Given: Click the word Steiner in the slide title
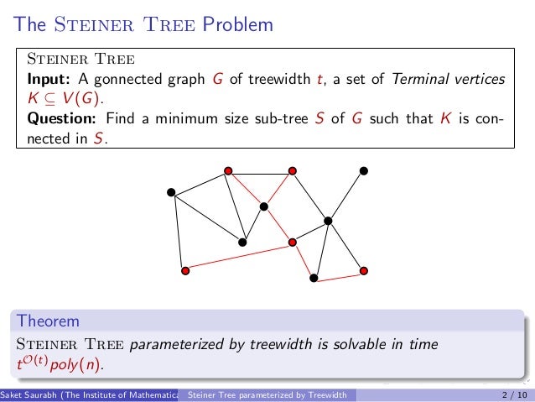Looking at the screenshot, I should [89, 25].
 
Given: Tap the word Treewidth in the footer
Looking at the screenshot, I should [324, 394].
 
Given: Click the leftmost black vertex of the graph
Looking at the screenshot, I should [171, 192].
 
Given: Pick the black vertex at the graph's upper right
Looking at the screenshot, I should [363, 170].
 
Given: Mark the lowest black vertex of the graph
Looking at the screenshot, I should [313, 277].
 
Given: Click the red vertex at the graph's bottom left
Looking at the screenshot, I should [185, 270].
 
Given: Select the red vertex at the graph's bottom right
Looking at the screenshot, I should [363, 270].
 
